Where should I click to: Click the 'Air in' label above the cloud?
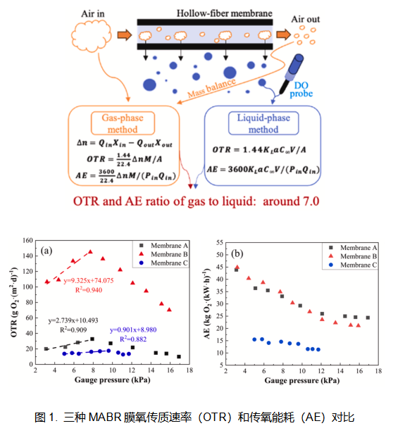tap(93, 14)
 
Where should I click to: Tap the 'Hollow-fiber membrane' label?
tap(224, 13)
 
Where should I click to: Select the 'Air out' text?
tap(305, 19)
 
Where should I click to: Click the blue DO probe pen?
tap(291, 73)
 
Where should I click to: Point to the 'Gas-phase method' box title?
tap(123, 123)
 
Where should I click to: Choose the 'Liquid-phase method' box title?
tap(263, 123)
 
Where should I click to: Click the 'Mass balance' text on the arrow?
tap(211, 88)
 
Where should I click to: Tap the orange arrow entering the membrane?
tap(125, 35)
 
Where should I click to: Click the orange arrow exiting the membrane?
tap(284, 34)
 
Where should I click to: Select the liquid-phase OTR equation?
tap(259, 150)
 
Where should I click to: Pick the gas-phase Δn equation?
tap(125, 143)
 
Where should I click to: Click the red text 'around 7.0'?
tap(291, 201)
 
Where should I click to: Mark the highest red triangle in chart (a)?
tap(90, 251)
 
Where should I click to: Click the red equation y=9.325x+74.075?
tap(89, 280)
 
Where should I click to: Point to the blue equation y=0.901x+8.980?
tap(133, 330)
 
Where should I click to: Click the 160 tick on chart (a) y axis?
tap(27, 240)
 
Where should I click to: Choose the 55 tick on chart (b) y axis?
tap(220, 242)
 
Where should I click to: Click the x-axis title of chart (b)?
tap(302, 380)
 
